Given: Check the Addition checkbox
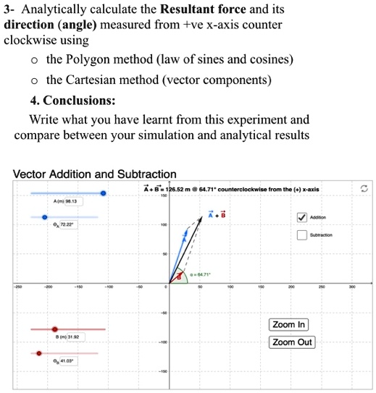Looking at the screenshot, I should [x=301, y=216].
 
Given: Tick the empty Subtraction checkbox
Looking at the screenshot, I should [x=301, y=235].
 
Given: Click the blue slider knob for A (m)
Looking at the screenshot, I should [x=103, y=193].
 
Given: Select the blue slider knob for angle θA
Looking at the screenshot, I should [x=45, y=216].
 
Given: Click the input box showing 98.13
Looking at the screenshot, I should [x=67, y=202].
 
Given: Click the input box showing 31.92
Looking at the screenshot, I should [x=68, y=337].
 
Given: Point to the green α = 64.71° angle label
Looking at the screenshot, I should [x=199, y=276].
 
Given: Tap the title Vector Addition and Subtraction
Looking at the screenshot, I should [x=95, y=174].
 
